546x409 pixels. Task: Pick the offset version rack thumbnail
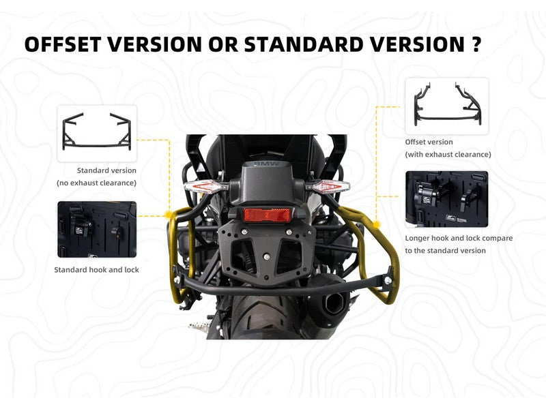(x=447, y=106)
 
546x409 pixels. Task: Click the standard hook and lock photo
(x=96, y=229)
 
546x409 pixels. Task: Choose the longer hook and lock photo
(x=447, y=198)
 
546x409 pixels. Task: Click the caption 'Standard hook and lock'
(x=96, y=270)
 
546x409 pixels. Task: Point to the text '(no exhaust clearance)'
(x=96, y=183)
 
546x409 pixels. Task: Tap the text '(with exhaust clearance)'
(x=448, y=155)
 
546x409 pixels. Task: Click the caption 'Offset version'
(x=429, y=142)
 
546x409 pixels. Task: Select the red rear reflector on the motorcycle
(x=268, y=215)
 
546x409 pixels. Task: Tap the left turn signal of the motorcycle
(x=203, y=185)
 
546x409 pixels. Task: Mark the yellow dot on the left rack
(x=169, y=214)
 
